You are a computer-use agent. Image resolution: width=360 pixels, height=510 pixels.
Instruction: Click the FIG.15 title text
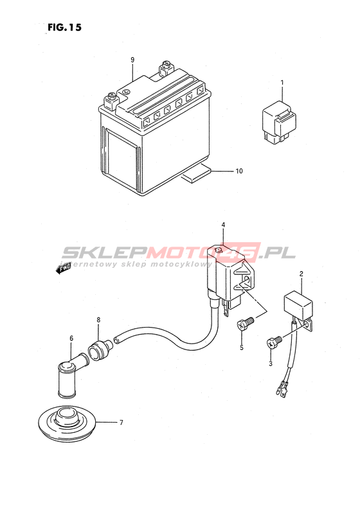(64, 28)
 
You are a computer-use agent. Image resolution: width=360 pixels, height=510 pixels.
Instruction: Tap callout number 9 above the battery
(132, 60)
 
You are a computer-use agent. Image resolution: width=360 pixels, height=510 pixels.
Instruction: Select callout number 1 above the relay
(282, 83)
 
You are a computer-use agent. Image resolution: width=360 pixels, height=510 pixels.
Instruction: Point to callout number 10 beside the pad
(239, 171)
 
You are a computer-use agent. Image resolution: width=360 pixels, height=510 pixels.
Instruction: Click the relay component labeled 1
(279, 122)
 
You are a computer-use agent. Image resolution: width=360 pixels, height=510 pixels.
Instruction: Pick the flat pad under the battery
(197, 173)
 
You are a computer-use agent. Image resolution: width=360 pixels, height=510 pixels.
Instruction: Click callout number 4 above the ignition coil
(223, 225)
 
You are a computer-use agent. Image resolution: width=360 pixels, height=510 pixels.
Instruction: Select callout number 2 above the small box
(301, 274)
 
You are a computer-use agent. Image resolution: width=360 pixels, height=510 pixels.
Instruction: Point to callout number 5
(242, 347)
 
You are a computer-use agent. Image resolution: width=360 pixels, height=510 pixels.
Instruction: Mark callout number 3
(271, 364)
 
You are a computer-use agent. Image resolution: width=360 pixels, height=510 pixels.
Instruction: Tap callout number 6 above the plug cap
(71, 339)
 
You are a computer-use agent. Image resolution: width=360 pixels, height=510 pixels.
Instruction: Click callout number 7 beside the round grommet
(122, 423)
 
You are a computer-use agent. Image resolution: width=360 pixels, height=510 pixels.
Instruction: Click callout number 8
(98, 320)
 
